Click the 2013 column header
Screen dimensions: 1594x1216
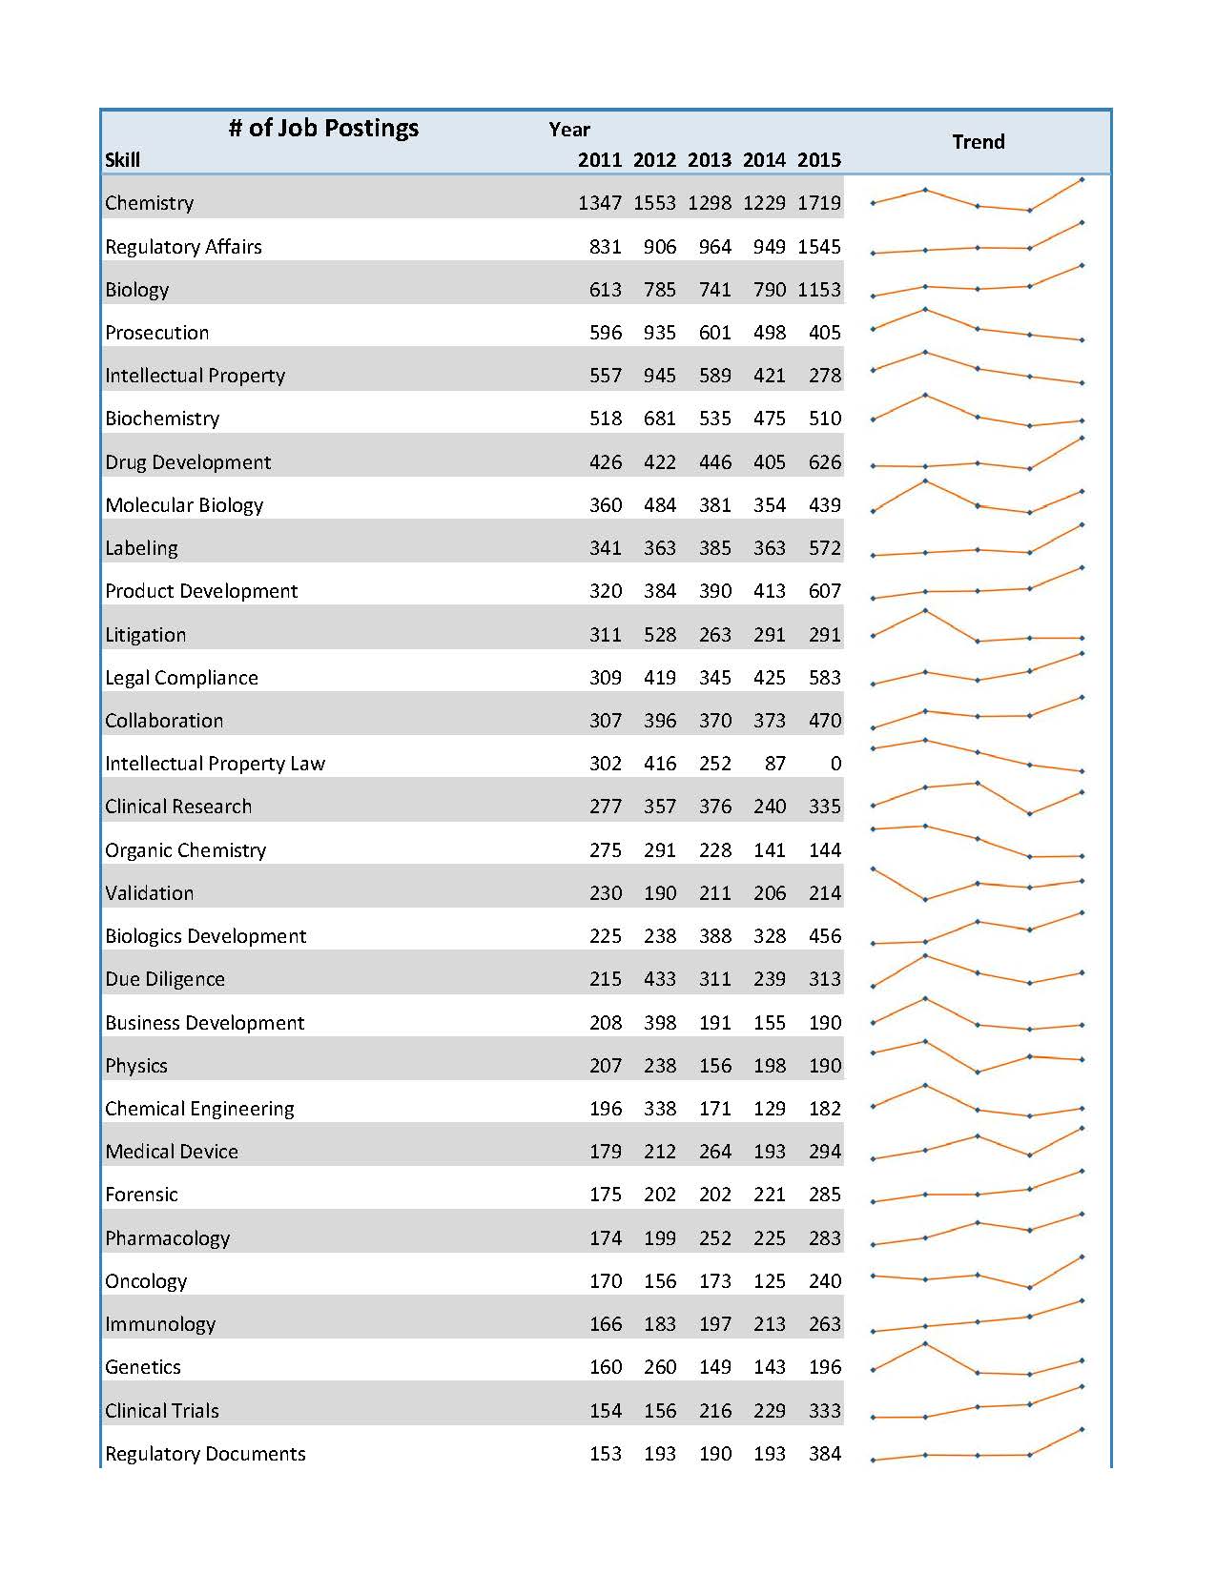pos(709,160)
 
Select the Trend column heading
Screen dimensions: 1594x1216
pos(978,142)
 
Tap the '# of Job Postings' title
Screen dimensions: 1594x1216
pos(323,129)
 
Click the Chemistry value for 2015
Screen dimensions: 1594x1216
pos(819,203)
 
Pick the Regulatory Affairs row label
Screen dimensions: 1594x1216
pos(183,247)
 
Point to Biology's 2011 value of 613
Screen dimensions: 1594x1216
pos(605,290)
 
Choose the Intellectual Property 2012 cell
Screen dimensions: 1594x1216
pos(659,376)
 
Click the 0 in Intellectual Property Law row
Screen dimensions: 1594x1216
pos(835,764)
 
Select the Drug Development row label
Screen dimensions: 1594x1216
pos(188,462)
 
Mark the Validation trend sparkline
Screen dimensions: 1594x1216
pos(978,885)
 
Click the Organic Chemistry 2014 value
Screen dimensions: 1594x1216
pos(769,850)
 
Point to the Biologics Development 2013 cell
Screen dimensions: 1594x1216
pos(714,936)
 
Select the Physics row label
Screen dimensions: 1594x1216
pos(136,1066)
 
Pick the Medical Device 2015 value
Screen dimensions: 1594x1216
pos(824,1152)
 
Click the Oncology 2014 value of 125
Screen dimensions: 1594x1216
pos(769,1281)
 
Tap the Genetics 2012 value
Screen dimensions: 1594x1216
pos(659,1367)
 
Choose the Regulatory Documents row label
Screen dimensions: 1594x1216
pos(205,1454)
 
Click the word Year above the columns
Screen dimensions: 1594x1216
pos(569,130)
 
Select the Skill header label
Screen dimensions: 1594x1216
pos(122,160)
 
